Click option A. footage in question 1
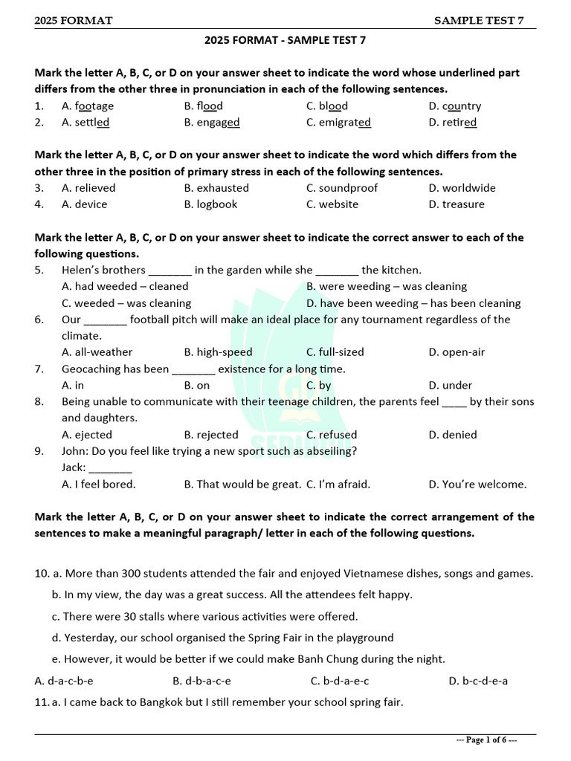[88, 106]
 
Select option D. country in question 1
[454, 106]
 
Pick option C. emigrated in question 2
[338, 123]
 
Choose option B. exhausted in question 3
[216, 188]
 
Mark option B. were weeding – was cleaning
[387, 286]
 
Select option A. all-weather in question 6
[97, 352]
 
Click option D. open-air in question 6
[457, 352]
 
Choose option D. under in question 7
[451, 385]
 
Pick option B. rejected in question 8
[211, 435]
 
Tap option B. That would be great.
[242, 485]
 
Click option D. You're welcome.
[477, 485]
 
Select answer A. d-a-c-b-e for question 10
[64, 681]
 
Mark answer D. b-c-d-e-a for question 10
[478, 681]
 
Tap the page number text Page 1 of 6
[486, 740]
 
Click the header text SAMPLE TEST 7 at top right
[479, 20]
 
